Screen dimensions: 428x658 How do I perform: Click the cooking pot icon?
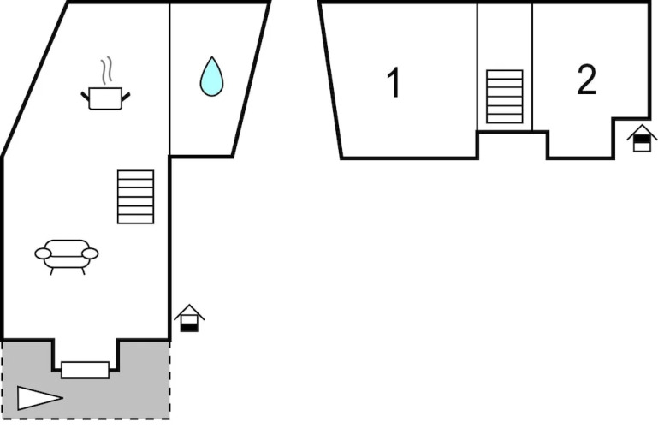pos(105,97)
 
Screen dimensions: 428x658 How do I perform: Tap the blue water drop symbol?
pos(211,78)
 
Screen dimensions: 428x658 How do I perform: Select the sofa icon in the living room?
pos(67,254)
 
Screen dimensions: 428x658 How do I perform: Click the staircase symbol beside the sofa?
pos(135,197)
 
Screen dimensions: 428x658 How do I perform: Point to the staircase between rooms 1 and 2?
pos(504,97)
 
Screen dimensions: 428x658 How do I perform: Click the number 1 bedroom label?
pos(394,84)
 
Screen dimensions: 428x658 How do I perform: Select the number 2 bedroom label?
pos(586,80)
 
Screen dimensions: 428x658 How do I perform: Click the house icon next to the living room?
pos(189,318)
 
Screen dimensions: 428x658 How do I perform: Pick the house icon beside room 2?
pos(641,139)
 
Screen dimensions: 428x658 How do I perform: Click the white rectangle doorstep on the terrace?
pos(86,370)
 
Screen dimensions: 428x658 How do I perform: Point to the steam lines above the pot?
pos(106,69)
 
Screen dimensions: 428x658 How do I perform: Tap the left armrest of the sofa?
pos(43,253)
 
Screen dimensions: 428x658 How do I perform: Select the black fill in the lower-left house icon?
pos(189,326)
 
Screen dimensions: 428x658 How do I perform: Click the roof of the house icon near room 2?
pos(641,131)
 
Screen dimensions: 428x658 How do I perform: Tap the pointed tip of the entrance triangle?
pos(62,397)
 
